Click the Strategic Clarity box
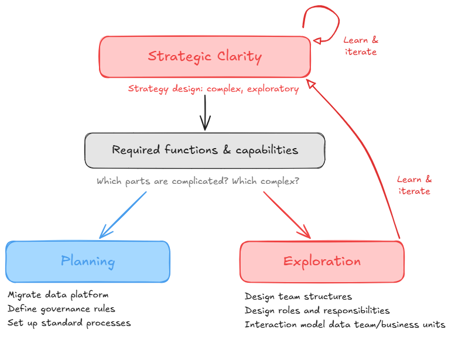205,57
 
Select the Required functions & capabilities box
205,150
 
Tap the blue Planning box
88,261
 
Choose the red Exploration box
321,262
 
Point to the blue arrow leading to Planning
124,215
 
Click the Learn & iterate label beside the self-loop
360,46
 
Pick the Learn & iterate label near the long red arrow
414,186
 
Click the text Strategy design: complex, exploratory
213,89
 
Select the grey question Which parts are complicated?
162,181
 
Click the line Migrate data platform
58,294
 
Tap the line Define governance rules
61,308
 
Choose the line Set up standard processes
69,323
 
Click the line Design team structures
298,297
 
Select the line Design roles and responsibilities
317,310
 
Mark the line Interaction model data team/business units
345,324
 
